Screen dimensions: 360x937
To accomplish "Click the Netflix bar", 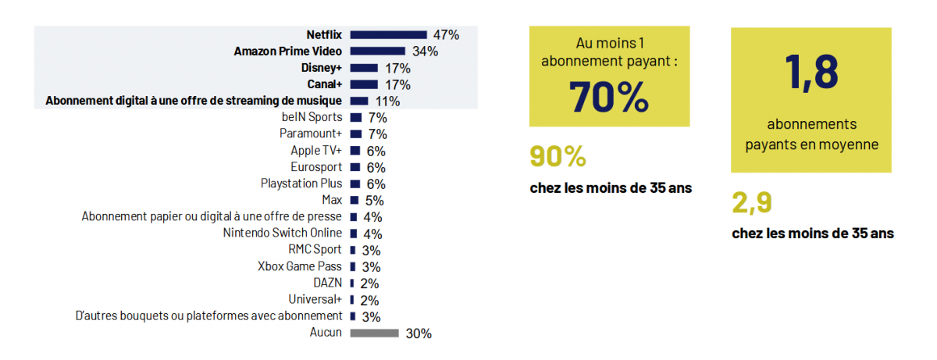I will pos(388,34).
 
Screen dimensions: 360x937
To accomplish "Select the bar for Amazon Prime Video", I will pos(377,52).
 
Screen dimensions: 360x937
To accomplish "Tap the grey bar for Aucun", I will pos(374,333).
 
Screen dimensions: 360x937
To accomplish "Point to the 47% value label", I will pos(446,34).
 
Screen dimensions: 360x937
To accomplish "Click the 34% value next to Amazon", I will pos(425,52).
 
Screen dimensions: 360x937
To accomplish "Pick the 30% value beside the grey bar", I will pos(419,333).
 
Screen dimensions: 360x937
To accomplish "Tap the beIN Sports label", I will pos(312,117).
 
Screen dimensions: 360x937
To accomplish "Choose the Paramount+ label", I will pos(311,134).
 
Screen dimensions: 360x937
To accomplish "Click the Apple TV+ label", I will pos(316,151).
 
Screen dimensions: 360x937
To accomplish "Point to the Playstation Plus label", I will pos(301,184).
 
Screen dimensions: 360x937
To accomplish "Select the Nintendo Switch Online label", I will pos(283,233).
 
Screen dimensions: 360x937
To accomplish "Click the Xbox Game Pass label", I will pos(300,266).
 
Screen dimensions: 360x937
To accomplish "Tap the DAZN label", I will pos(328,283).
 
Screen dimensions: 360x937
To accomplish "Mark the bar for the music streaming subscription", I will pos(359,101).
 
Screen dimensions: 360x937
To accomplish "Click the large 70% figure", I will pos(608,97).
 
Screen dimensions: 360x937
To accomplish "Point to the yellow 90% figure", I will pos(558,157).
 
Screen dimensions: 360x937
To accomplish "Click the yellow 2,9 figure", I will pos(752,202).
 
